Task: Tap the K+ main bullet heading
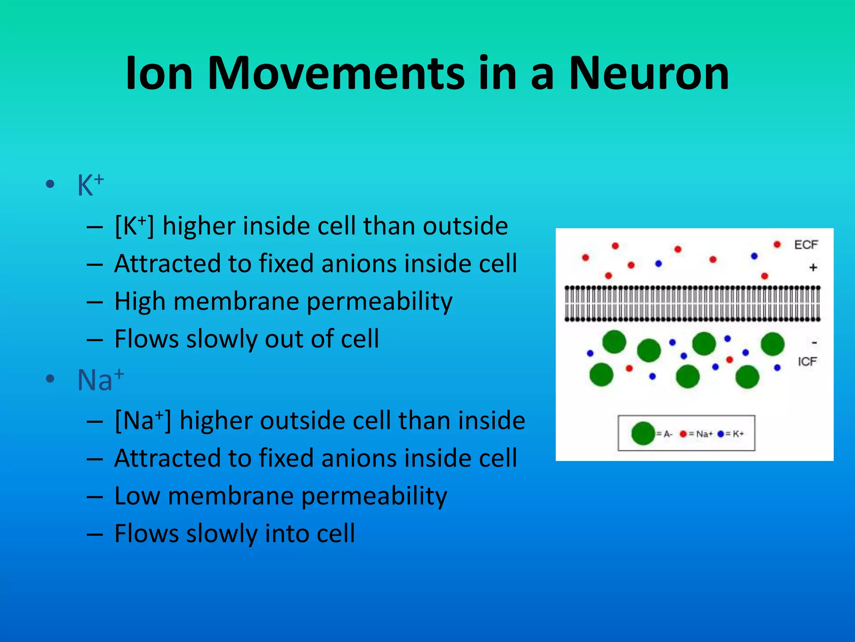click(90, 185)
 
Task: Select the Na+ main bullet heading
click(100, 380)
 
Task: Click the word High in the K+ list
click(140, 301)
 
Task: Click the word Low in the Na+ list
click(137, 496)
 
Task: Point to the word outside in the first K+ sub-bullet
click(465, 226)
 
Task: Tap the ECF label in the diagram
click(806, 245)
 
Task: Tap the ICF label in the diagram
click(807, 362)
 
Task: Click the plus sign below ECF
click(813, 267)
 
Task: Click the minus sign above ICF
click(814, 343)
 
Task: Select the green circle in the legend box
click(643, 433)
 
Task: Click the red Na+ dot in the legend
click(683, 434)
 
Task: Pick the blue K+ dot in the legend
click(720, 434)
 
